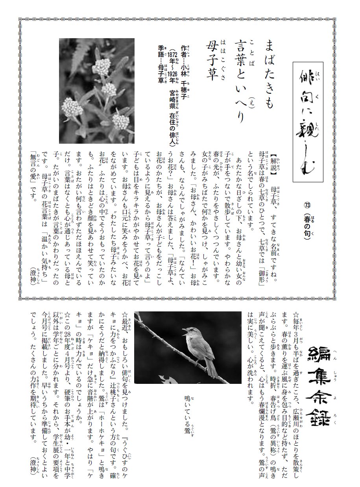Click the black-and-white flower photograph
(97, 91)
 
